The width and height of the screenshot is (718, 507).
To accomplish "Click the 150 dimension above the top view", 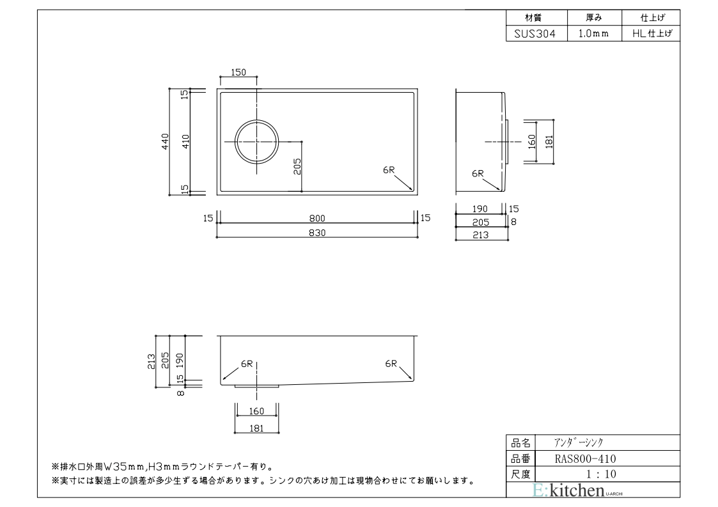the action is tap(238, 73).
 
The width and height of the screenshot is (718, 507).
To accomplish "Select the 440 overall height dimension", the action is tap(165, 141).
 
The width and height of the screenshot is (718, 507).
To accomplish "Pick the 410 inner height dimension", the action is tap(185, 141).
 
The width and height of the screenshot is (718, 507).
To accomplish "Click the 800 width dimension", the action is tap(318, 218).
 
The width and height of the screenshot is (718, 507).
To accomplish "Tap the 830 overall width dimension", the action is tap(318, 233).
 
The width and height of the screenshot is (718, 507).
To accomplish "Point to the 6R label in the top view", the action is tap(389, 170).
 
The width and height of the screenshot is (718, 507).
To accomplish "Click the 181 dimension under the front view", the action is tap(257, 428).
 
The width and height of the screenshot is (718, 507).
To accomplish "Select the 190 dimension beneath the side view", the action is tap(480, 209).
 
